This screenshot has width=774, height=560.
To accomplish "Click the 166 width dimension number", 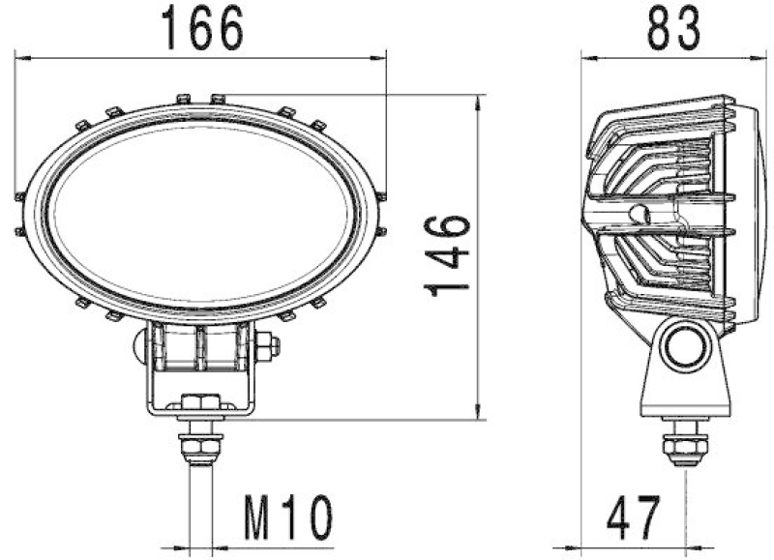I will (202, 28).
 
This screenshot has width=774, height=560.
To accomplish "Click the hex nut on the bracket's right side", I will (269, 345).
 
